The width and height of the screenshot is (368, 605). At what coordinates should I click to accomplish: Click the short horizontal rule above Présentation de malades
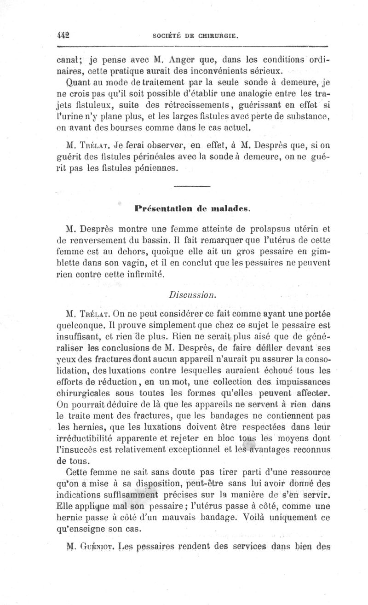pyautogui.click(x=192, y=186)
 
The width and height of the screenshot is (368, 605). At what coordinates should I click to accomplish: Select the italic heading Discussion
pyautogui.click(x=190, y=296)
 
